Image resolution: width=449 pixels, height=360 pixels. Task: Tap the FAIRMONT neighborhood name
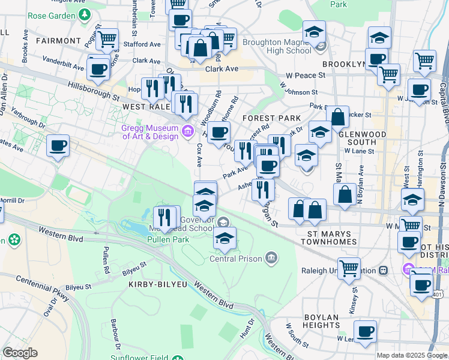tap(58, 41)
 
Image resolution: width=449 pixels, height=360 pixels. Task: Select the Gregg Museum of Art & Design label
tap(150, 132)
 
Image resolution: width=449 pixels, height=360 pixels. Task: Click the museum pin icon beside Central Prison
tap(271, 259)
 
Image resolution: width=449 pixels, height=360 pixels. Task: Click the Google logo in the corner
tap(20, 353)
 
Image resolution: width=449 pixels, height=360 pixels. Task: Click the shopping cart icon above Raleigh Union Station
tap(349, 268)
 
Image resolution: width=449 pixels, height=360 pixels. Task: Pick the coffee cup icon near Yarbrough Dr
tap(58, 145)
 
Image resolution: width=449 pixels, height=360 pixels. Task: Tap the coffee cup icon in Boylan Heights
tap(364, 331)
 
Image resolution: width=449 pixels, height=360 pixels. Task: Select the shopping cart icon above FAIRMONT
tap(107, 39)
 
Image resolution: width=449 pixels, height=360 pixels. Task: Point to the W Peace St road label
tap(306, 76)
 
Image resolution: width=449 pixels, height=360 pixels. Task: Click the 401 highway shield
tap(439, 295)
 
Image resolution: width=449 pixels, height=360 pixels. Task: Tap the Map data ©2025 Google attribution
tap(412, 355)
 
